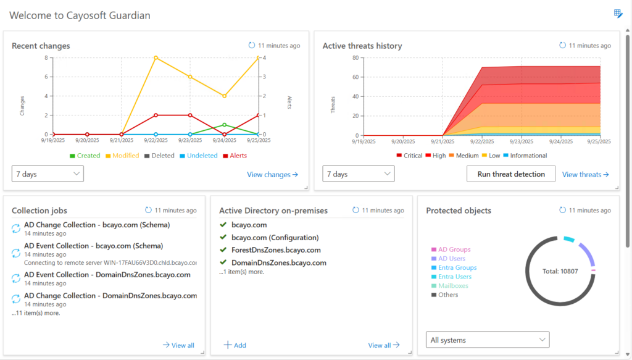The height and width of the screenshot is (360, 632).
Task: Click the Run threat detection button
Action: [511, 174]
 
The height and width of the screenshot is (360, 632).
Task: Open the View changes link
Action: [272, 175]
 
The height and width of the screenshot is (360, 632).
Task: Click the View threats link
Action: [585, 175]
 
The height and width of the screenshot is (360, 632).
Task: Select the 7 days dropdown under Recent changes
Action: [48, 174]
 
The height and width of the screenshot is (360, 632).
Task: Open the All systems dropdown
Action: [488, 340]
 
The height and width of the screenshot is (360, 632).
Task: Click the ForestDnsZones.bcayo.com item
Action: [276, 250]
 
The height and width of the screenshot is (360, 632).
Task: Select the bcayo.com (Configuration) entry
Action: [275, 238]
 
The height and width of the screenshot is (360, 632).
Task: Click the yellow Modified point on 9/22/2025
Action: [156, 57]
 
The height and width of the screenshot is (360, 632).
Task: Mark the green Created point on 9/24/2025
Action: [225, 125]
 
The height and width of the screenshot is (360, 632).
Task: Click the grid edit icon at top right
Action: [618, 14]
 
